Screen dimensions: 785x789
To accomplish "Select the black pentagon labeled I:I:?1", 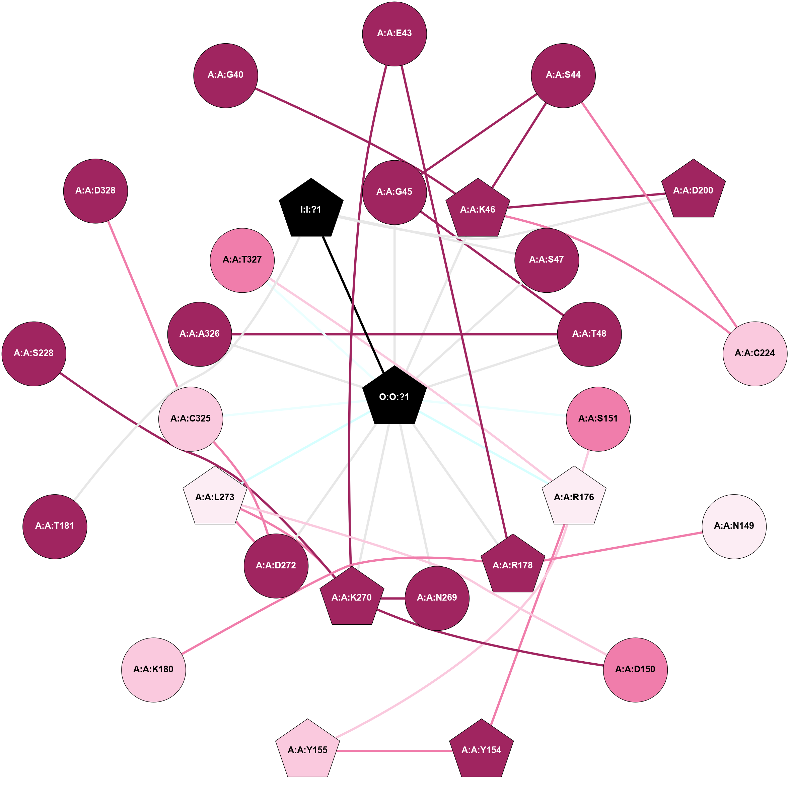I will (311, 209).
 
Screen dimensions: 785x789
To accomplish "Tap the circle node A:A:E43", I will (394, 34).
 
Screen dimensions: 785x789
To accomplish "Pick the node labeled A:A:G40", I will (225, 75).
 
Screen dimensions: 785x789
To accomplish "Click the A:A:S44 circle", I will (563, 75).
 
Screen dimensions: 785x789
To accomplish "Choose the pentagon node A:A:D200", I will (693, 190).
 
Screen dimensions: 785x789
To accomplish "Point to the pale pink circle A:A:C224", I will (755, 353).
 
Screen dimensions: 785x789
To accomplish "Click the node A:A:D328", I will (95, 191).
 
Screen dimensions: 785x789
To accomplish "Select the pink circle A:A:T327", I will (242, 260).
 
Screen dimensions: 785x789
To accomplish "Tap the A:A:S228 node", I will (34, 353).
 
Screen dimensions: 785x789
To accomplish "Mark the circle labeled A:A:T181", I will (55, 526).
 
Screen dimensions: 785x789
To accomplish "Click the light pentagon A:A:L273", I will (215, 497).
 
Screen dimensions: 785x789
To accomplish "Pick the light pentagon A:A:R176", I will (574, 497).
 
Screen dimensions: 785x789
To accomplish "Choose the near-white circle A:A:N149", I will (734, 526).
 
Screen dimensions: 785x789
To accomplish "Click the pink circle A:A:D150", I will (635, 669).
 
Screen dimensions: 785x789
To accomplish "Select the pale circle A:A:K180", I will (154, 669).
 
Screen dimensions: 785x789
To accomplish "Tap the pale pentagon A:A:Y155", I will (307, 750).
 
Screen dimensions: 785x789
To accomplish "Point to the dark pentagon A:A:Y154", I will (481, 750).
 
